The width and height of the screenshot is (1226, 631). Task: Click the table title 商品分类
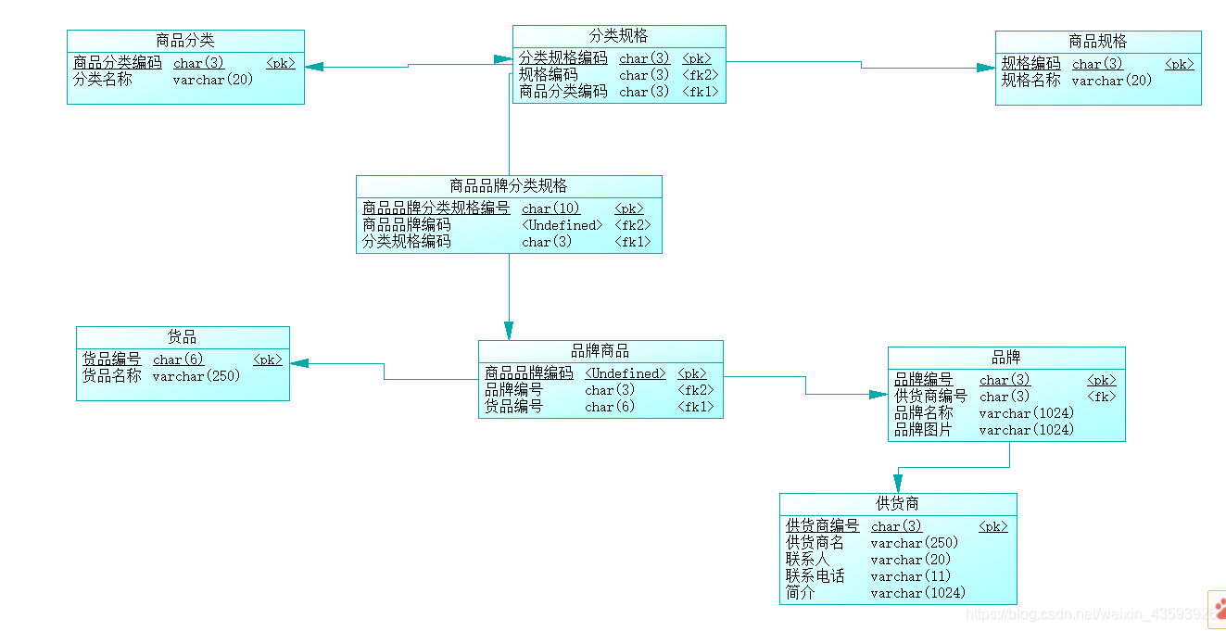click(185, 41)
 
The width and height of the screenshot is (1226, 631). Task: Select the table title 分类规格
click(619, 36)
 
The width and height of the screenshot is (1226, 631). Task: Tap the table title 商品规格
click(1098, 42)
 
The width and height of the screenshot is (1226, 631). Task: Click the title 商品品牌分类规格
click(509, 186)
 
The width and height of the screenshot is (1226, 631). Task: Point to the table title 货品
click(183, 337)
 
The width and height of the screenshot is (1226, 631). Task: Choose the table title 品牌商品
click(600, 351)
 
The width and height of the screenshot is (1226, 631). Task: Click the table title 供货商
click(898, 504)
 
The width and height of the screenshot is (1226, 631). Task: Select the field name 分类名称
click(103, 80)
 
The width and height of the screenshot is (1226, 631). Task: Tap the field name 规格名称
click(1030, 81)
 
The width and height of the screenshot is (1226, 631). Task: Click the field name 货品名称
click(112, 376)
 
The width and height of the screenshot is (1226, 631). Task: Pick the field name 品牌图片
click(923, 430)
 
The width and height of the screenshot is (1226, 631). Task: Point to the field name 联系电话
click(815, 576)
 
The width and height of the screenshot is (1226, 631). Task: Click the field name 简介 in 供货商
click(801, 593)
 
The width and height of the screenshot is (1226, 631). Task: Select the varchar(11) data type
click(911, 576)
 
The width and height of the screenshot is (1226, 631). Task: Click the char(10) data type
click(551, 208)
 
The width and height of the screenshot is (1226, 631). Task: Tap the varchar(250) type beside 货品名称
click(196, 376)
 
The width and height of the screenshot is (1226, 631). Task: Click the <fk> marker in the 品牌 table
click(1102, 397)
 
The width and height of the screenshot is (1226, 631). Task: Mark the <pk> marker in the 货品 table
click(268, 360)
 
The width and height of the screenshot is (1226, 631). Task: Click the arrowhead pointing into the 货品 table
click(299, 363)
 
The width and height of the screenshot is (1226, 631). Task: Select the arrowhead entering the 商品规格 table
click(985, 68)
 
